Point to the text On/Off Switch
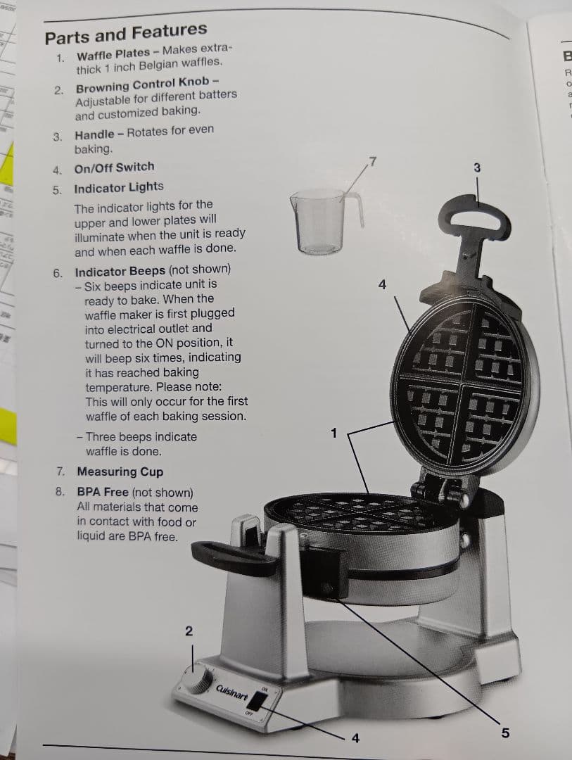click(114, 167)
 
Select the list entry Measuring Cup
click(120, 471)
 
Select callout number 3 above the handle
click(477, 168)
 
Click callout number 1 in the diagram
click(334, 433)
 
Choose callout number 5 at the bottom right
click(504, 733)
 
